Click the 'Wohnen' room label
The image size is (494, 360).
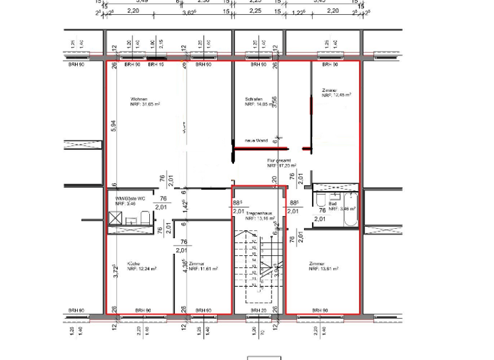point(138,98)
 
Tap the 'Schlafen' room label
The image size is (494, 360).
point(254,99)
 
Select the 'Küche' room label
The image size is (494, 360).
point(134,264)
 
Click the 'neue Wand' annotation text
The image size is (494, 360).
point(255,140)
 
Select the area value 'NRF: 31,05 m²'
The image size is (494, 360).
point(145,104)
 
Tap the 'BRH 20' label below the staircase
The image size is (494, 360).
point(258,310)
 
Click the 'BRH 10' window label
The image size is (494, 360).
point(156,65)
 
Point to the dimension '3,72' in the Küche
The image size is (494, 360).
point(114,271)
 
